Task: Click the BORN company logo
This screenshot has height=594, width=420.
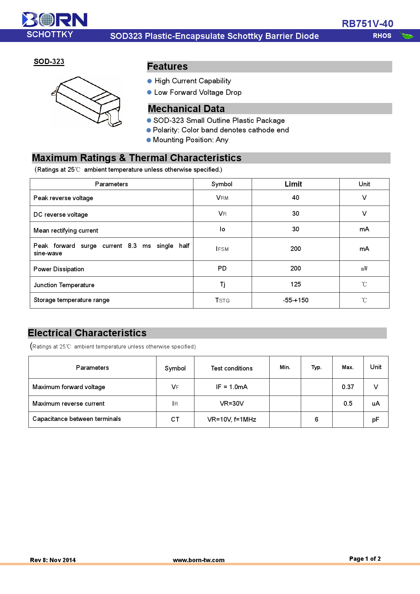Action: click(55, 20)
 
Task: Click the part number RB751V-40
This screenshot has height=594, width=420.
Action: click(367, 24)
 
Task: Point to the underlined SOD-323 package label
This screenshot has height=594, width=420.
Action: click(49, 62)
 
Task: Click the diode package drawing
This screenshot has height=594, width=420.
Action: click(87, 101)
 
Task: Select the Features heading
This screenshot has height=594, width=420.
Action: click(167, 67)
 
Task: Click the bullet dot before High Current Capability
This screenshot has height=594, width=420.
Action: click(149, 81)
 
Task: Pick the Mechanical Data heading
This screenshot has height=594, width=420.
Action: click(186, 109)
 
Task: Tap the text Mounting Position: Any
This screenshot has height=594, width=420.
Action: click(191, 140)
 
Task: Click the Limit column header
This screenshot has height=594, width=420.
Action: click(293, 184)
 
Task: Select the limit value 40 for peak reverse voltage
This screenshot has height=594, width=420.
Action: click(296, 198)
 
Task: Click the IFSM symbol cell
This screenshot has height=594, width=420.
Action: click(222, 249)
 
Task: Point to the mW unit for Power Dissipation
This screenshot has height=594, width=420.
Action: click(364, 269)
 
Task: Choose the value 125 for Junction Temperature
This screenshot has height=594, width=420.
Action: click(296, 284)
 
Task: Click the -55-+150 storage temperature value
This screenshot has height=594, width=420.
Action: click(296, 300)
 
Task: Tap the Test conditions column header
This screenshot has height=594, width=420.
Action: click(232, 368)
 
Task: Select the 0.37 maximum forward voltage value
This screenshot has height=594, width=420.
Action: click(348, 387)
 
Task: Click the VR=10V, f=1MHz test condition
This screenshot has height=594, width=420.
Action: click(232, 420)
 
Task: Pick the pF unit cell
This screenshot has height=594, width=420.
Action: click(376, 420)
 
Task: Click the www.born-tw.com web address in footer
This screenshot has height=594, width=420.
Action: click(199, 560)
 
